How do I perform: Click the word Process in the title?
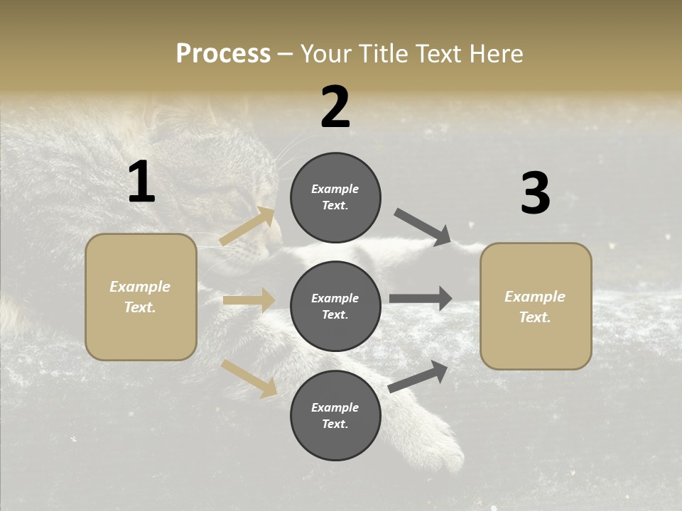coord(223,54)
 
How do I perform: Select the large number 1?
coord(141,182)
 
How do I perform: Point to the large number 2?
coord(335,107)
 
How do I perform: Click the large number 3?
coord(535,194)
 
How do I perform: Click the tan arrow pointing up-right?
coord(247,226)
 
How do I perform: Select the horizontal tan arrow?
coord(249,300)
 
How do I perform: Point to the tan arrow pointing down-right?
coord(249,378)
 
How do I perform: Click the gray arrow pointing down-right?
coord(422,226)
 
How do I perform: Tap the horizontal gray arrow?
coord(421,298)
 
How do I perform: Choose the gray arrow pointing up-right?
coord(418,376)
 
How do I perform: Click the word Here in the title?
coord(494,54)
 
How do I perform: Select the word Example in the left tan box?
coord(140,287)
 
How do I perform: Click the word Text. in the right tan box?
coord(535,317)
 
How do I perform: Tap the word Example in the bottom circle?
coord(335,407)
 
